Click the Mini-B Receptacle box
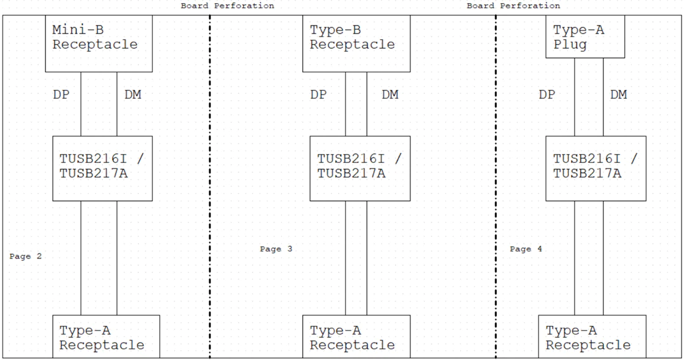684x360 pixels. point(99,44)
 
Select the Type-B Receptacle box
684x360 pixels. point(356,44)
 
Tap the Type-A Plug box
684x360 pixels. point(585,37)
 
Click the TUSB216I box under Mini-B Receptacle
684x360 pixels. point(103,168)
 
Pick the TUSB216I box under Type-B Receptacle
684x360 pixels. point(360,168)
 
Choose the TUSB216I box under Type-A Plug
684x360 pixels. point(596,168)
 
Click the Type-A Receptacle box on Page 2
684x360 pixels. point(106,336)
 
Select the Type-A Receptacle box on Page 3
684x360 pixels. point(356,336)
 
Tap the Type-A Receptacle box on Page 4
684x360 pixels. point(592,336)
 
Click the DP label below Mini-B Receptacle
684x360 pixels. point(61,95)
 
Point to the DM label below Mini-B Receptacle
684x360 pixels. point(132,95)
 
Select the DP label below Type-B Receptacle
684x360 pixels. point(318,95)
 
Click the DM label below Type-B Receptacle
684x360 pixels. point(390,95)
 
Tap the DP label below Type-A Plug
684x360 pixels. point(547,95)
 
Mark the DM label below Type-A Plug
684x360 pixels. point(619,95)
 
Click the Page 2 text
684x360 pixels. point(25,256)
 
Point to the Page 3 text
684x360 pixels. point(276,249)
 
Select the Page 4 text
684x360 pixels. point(526,249)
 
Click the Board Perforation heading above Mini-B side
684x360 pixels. point(228,6)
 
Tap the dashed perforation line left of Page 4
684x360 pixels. point(496,187)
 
